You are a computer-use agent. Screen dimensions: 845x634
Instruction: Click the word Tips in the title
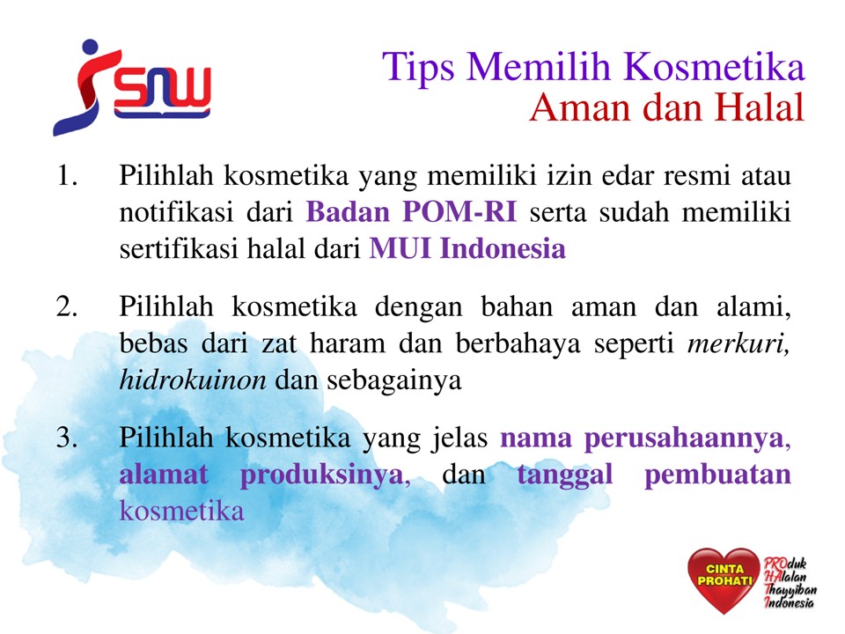(x=419, y=68)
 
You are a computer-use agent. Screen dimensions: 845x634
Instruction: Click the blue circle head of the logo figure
(x=90, y=48)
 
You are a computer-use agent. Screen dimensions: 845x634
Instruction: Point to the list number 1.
(x=67, y=176)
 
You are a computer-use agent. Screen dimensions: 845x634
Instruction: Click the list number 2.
(x=67, y=306)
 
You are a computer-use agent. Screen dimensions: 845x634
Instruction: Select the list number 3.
(x=67, y=438)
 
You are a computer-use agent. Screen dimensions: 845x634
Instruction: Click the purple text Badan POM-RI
(x=411, y=211)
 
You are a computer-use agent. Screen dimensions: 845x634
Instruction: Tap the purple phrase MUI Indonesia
(x=467, y=248)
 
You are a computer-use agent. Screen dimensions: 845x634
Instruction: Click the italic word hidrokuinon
(x=193, y=380)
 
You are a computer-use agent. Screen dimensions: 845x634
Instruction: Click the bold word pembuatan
(x=717, y=475)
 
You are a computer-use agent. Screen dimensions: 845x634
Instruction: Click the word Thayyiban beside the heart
(x=790, y=590)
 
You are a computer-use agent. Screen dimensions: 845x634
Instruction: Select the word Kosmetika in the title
(x=714, y=67)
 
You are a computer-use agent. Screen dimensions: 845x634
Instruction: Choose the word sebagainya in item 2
(x=394, y=381)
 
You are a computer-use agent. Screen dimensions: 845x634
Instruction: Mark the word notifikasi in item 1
(x=176, y=211)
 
